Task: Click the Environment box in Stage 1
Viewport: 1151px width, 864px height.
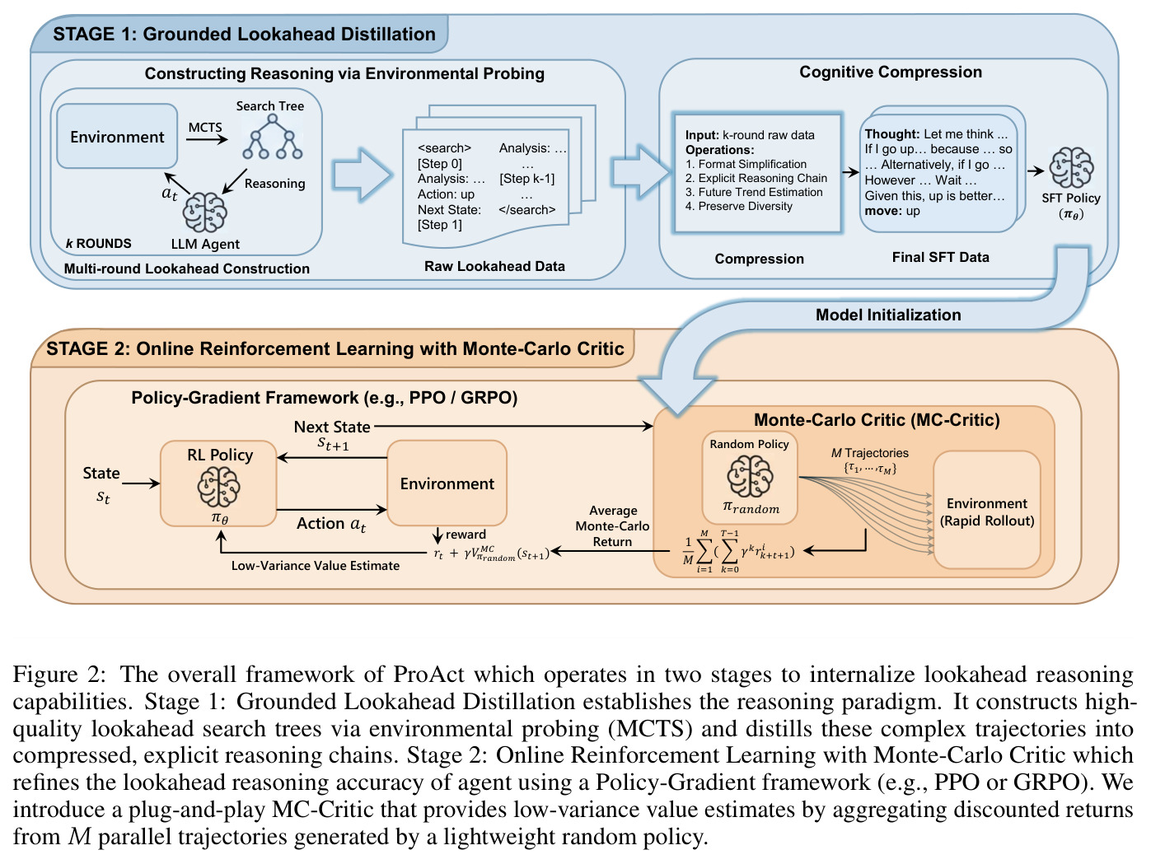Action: [x=117, y=136]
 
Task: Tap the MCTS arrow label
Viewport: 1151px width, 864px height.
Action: [x=205, y=128]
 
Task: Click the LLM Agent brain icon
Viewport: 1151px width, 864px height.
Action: [x=204, y=212]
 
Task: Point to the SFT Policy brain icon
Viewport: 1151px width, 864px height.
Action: [x=1071, y=168]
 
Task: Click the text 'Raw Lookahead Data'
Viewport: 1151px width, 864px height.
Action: [x=494, y=266]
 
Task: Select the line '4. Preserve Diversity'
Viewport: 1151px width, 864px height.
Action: [x=738, y=207]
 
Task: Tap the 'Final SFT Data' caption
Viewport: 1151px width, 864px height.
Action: [x=940, y=257]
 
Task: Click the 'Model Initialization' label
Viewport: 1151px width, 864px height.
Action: [x=888, y=315]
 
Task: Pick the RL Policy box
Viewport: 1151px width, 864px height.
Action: [x=218, y=483]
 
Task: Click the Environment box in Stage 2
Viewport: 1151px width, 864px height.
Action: [x=447, y=483]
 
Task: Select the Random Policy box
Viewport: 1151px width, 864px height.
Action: [x=749, y=478]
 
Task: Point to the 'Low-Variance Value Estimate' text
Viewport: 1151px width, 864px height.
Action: [x=316, y=566]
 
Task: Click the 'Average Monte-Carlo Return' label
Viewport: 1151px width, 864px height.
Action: [x=612, y=526]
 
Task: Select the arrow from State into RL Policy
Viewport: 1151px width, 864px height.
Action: [x=141, y=483]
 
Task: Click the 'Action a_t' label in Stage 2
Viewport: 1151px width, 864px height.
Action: [x=331, y=524]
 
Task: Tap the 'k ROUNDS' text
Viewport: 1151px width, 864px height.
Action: [x=99, y=244]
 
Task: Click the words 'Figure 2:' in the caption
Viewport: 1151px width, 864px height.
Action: [x=59, y=675]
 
